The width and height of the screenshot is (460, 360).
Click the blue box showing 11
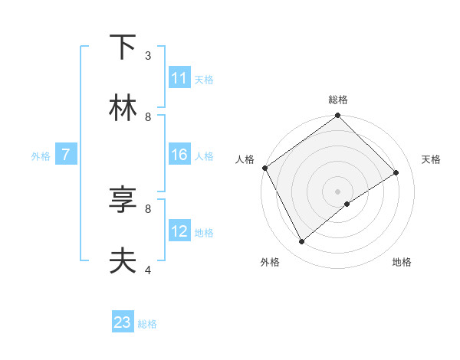pyautogui.click(x=179, y=78)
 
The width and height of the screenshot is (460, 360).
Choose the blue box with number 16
pyautogui.click(x=179, y=155)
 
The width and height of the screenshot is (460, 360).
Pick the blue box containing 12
pyautogui.click(x=179, y=231)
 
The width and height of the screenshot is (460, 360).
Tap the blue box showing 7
pyautogui.click(x=66, y=155)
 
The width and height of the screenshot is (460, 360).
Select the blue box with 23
pyautogui.click(x=123, y=322)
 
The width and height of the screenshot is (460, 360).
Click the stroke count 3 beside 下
pyautogui.click(x=148, y=55)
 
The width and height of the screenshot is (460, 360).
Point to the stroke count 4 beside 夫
pyautogui.click(x=148, y=270)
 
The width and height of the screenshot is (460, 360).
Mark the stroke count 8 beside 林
pyautogui.click(x=148, y=116)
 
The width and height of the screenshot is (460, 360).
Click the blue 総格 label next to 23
pyautogui.click(x=147, y=324)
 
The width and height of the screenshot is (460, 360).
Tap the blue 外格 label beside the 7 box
pyautogui.click(x=41, y=156)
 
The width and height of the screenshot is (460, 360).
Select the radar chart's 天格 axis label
pyautogui.click(x=431, y=159)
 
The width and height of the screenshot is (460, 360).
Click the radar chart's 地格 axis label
pyautogui.click(x=402, y=262)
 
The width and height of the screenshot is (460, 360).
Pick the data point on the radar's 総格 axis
pyautogui.click(x=337, y=116)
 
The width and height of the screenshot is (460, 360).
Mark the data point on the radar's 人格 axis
pyautogui.click(x=264, y=168)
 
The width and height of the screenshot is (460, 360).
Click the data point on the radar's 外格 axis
pyautogui.click(x=301, y=242)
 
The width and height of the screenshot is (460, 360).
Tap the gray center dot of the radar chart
pyautogui.click(x=337, y=191)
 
